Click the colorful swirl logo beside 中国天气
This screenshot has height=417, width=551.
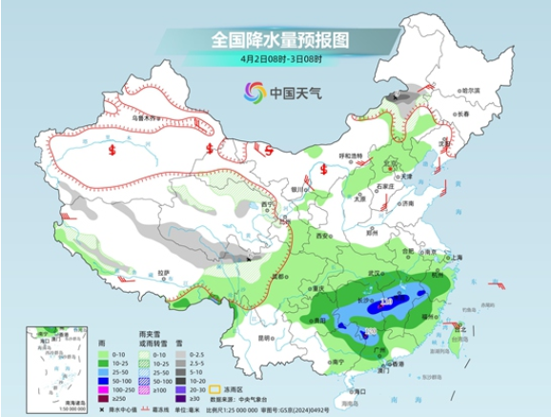pyautogui.click(x=255, y=93)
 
